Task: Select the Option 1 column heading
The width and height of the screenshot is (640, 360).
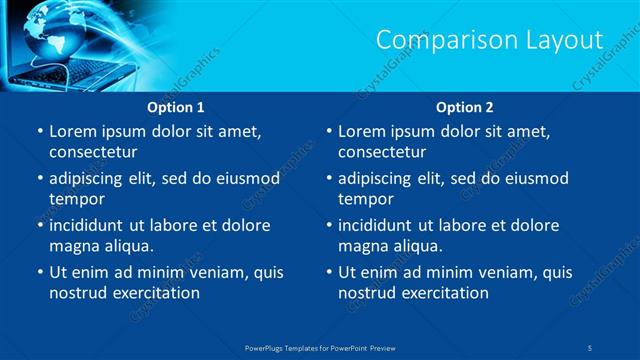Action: pyautogui.click(x=176, y=107)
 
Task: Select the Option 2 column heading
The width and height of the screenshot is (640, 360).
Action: pyautogui.click(x=465, y=107)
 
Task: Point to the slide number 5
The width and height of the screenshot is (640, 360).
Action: pyautogui.click(x=591, y=347)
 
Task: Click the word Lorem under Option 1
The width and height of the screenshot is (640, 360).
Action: pyautogui.click(x=72, y=132)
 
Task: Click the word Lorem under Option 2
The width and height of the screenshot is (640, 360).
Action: pyautogui.click(x=362, y=132)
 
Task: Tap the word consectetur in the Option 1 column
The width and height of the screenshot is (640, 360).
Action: pyautogui.click(x=93, y=153)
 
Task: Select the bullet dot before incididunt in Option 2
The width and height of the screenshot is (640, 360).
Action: pyautogui.click(x=329, y=226)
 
